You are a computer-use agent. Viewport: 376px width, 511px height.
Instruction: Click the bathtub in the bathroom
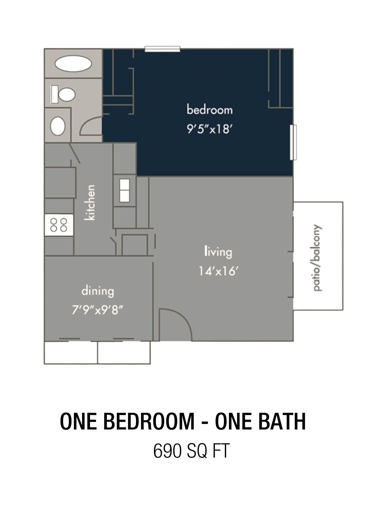[x=73, y=64]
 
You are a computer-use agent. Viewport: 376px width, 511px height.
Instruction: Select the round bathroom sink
[x=58, y=126]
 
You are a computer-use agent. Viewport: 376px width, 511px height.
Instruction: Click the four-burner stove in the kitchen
[x=59, y=225]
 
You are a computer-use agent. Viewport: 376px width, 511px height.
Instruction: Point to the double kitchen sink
[x=124, y=191]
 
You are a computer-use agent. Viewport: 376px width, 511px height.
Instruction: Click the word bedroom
[x=210, y=110]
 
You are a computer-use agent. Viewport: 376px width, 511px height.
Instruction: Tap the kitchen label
[x=90, y=203]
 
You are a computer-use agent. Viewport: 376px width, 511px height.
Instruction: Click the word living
[x=218, y=252]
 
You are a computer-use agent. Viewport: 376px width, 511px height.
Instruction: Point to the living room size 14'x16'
[x=219, y=271]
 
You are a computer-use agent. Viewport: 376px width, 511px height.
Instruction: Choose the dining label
[x=98, y=292]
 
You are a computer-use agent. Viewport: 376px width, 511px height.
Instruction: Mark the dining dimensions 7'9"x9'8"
[x=97, y=310]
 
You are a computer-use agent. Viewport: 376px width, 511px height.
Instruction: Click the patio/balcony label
[x=317, y=258]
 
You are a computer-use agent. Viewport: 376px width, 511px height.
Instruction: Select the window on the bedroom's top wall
[x=163, y=49]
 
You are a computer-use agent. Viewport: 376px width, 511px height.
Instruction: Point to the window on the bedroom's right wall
[x=293, y=142]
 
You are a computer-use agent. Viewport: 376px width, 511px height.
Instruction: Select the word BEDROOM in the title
[x=149, y=421]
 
